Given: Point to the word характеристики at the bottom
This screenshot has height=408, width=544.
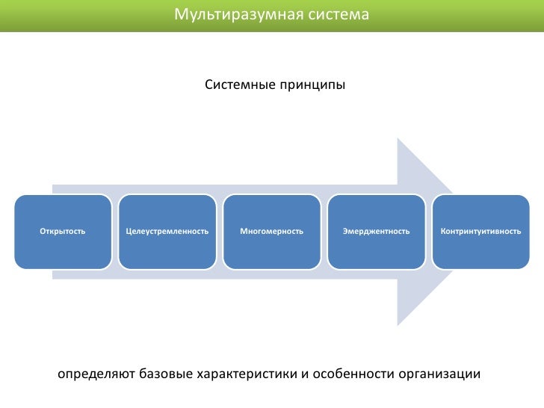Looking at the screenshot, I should pyautogui.click(x=246, y=373).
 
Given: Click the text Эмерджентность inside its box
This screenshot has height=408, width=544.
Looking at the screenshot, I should pyautogui.click(x=377, y=232).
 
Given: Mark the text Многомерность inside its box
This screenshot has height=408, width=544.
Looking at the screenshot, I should pyautogui.click(x=272, y=232).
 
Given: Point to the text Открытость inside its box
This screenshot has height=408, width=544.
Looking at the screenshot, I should pyautogui.click(x=63, y=232).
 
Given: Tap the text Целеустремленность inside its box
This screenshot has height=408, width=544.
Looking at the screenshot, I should pyautogui.click(x=167, y=232).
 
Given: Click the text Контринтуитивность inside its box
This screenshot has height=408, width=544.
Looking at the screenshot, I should pyautogui.click(x=481, y=232).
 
